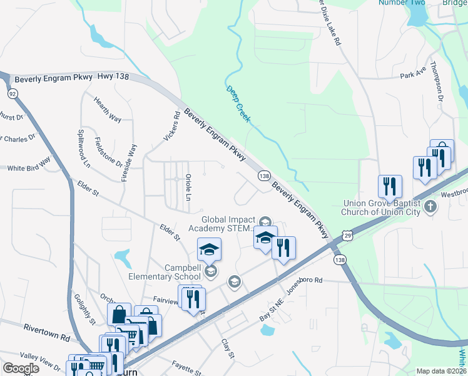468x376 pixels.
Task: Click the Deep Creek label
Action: [238, 104]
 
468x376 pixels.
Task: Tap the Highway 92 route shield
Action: [12, 93]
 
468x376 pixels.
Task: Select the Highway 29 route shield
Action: [347, 236]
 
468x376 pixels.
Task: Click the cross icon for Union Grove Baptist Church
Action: [429, 206]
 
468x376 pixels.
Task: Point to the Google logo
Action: [21, 368]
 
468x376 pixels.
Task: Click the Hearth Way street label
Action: [107, 108]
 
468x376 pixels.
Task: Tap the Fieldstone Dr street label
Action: [108, 152]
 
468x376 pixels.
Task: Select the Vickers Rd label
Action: [170, 126]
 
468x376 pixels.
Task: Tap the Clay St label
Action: [227, 349]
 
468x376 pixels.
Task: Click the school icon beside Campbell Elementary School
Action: [211, 271]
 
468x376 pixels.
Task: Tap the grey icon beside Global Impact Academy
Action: [265, 221]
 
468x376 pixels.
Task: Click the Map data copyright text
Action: [440, 371]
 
